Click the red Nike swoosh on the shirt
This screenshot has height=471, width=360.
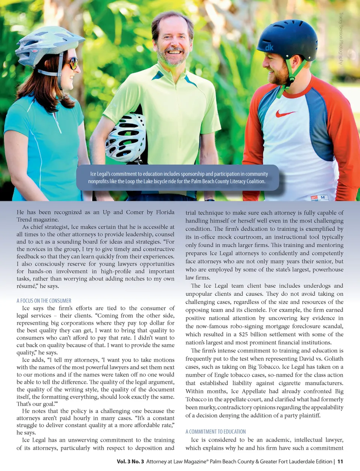point(285,113)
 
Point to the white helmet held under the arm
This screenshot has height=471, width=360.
point(126,137)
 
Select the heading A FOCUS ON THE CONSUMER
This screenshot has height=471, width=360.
point(44,301)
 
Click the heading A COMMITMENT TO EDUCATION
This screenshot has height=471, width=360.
point(216,432)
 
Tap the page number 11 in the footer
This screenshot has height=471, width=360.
point(340,462)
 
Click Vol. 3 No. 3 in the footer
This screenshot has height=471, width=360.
point(130,462)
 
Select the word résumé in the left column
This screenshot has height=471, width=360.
point(27,286)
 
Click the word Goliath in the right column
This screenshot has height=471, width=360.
point(333,359)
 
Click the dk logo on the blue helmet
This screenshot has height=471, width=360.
point(269,48)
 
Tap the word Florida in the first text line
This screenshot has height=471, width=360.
point(165,212)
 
